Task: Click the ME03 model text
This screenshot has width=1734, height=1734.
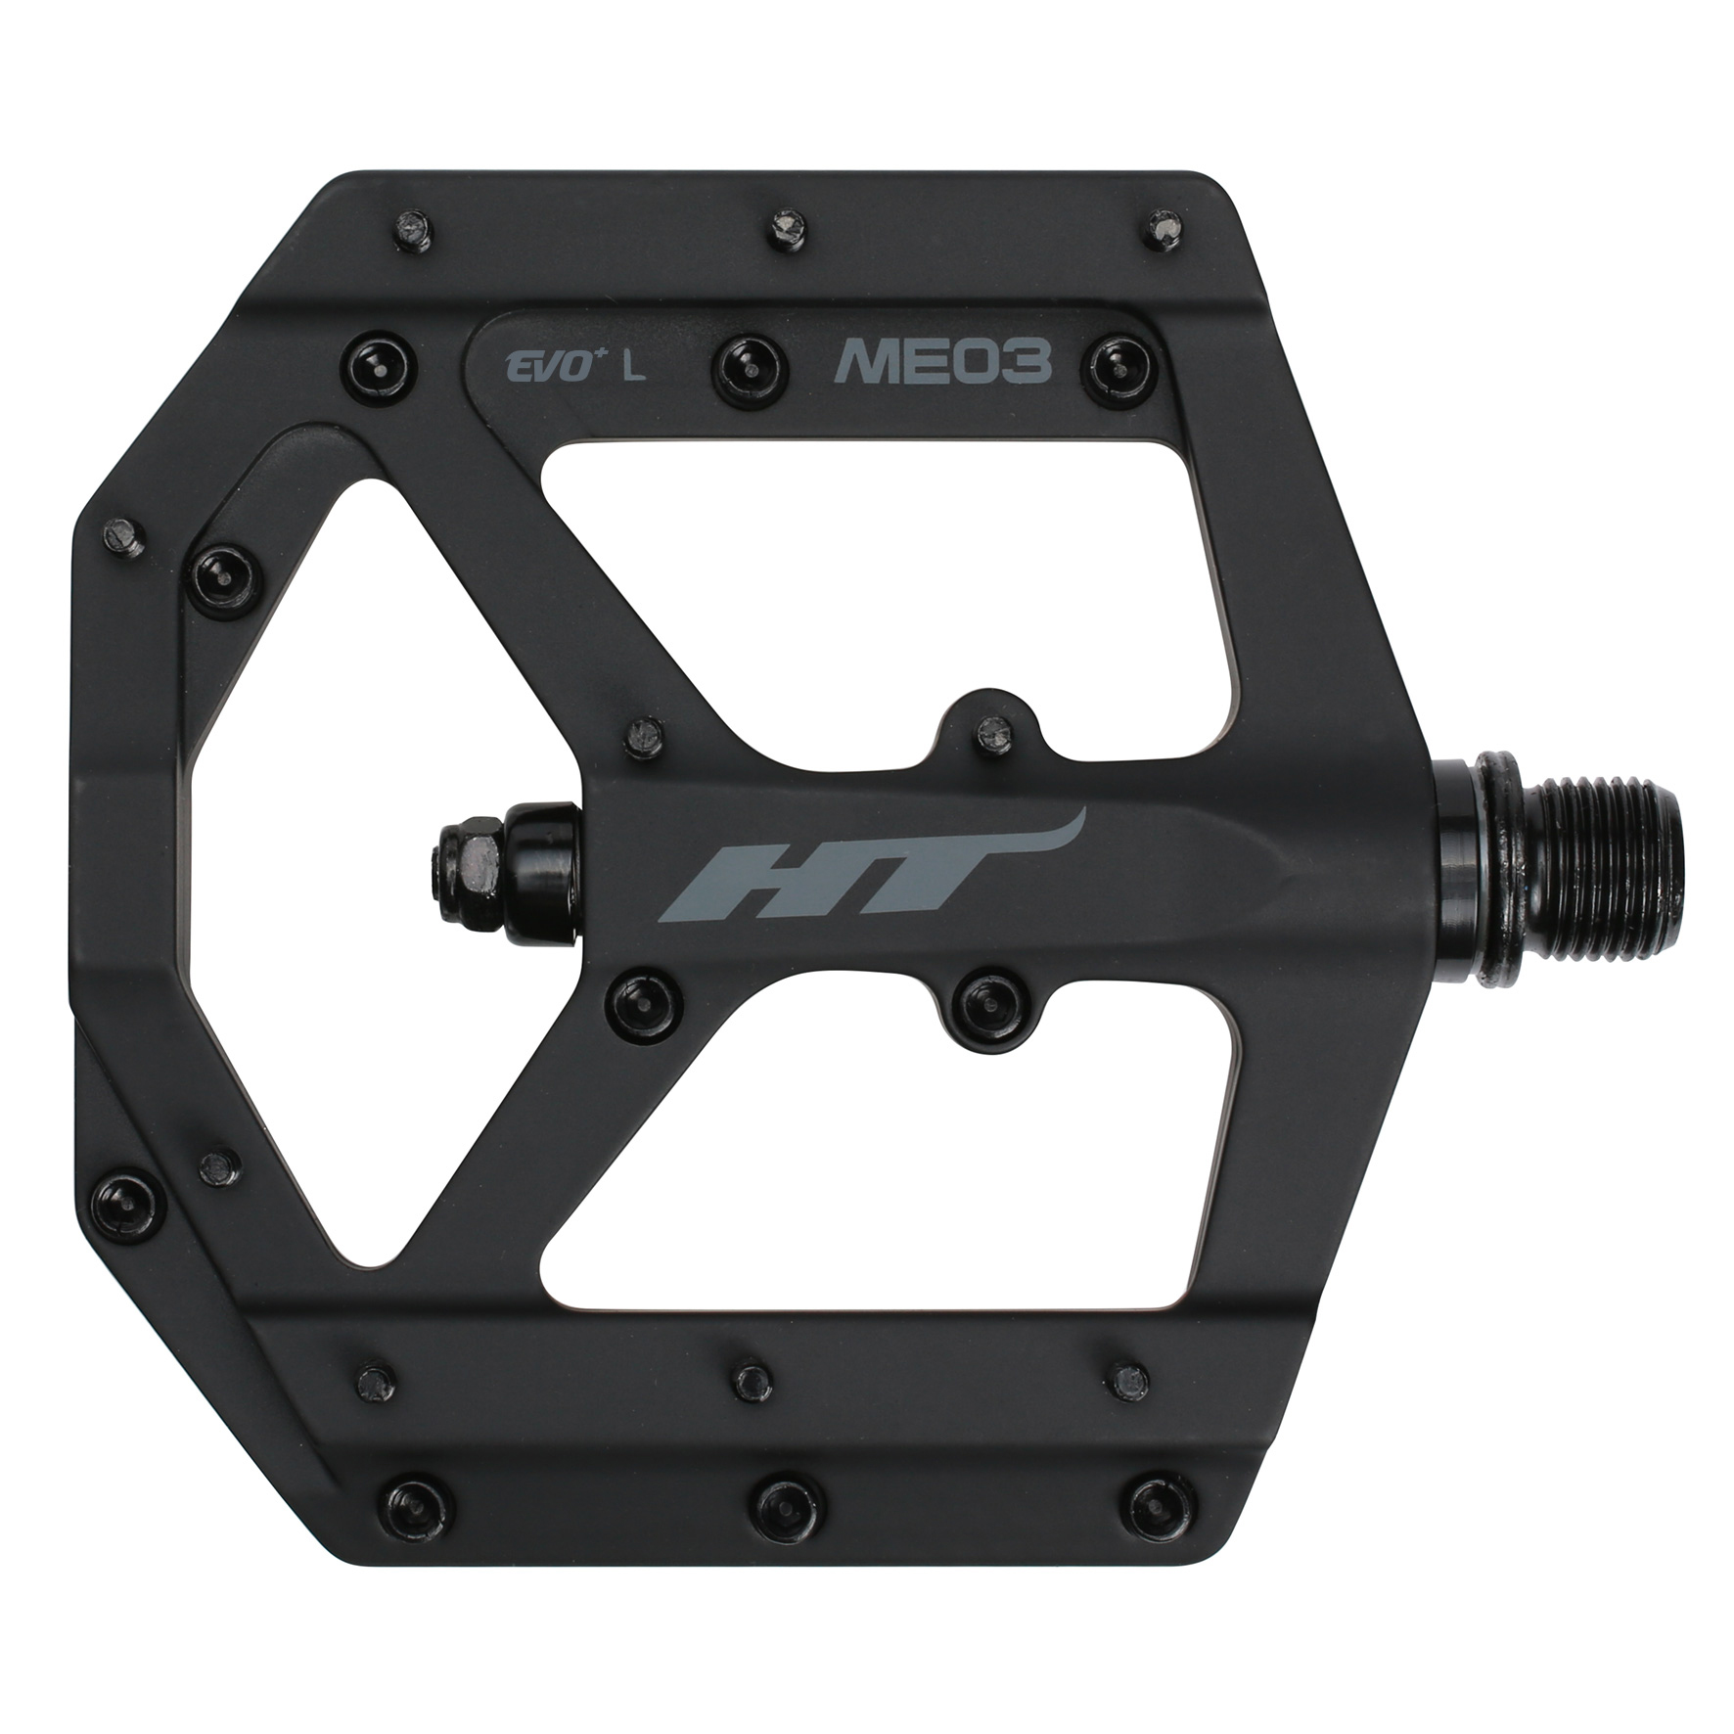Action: [941, 364]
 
